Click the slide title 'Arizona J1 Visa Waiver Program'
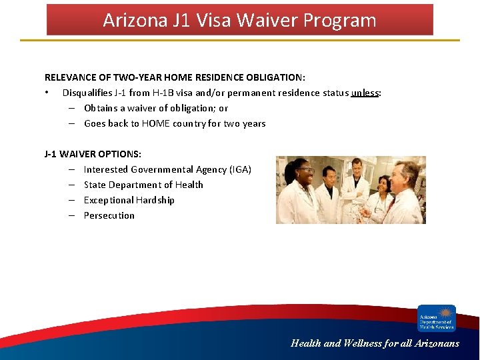[x=239, y=20]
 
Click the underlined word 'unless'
[x=365, y=93]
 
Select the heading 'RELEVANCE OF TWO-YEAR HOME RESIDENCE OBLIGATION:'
[x=175, y=77]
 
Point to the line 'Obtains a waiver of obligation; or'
[x=155, y=108]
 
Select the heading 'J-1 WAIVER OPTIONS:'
[x=93, y=154]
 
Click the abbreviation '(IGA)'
[x=240, y=169]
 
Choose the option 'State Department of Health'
[x=143, y=185]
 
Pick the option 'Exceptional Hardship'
[x=129, y=200]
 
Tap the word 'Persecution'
[x=109, y=215]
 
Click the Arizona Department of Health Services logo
[x=436, y=318]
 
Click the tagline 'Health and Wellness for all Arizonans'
[x=375, y=343]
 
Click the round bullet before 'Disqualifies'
[x=47, y=93]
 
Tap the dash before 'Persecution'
[x=70, y=215]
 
